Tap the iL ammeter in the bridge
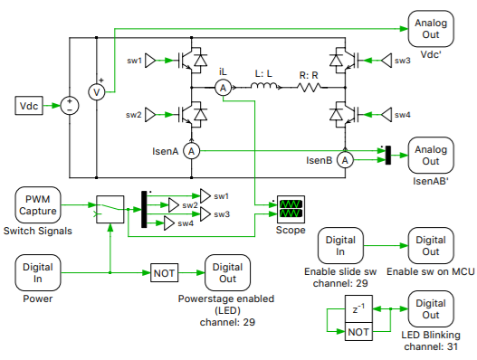(x=223, y=87)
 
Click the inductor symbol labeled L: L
(x=265, y=87)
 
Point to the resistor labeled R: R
(x=310, y=87)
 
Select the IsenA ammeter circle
(x=191, y=151)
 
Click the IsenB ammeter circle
(x=344, y=159)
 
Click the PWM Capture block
(x=39, y=204)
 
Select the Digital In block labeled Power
(x=39, y=271)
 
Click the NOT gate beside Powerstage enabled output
(x=164, y=271)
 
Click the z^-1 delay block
(x=358, y=310)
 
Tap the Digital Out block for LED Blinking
(x=430, y=309)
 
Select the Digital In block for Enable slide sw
(x=340, y=246)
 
